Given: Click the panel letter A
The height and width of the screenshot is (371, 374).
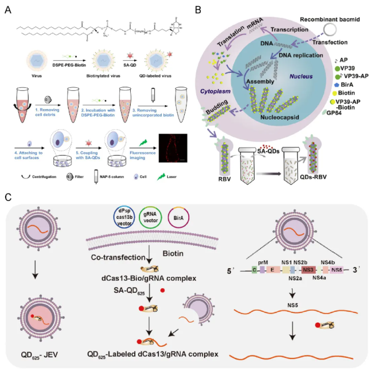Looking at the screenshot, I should (x=8, y=10).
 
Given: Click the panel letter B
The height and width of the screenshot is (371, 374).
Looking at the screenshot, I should (x=197, y=10).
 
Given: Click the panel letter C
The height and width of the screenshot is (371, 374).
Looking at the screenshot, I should (x=8, y=197).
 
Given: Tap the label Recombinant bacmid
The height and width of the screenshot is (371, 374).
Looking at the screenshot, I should (x=331, y=19).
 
